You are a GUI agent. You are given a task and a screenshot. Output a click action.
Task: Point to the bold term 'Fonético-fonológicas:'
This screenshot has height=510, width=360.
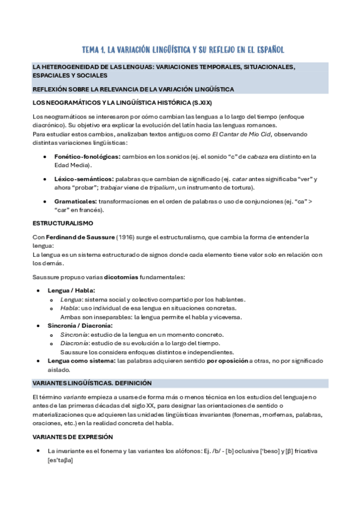point(87,157)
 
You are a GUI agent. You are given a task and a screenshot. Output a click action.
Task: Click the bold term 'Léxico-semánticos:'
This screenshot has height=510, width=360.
point(84,179)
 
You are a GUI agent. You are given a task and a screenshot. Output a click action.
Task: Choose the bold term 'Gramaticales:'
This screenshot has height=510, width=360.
point(76,201)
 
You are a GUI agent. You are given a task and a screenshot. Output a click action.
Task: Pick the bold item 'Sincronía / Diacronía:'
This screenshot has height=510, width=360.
point(81,325)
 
